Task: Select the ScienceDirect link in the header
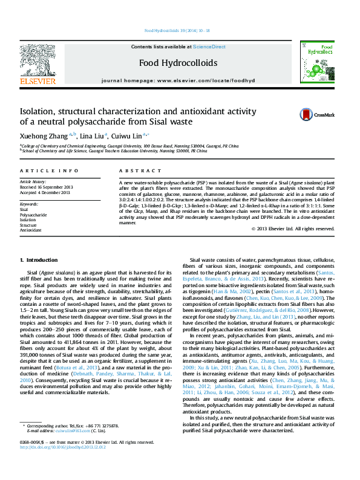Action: click(x=209, y=47)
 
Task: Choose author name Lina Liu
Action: click(x=91, y=135)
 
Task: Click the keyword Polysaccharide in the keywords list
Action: click(x=33, y=215)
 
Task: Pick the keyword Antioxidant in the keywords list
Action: click(x=31, y=230)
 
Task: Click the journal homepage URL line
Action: click(x=178, y=80)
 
